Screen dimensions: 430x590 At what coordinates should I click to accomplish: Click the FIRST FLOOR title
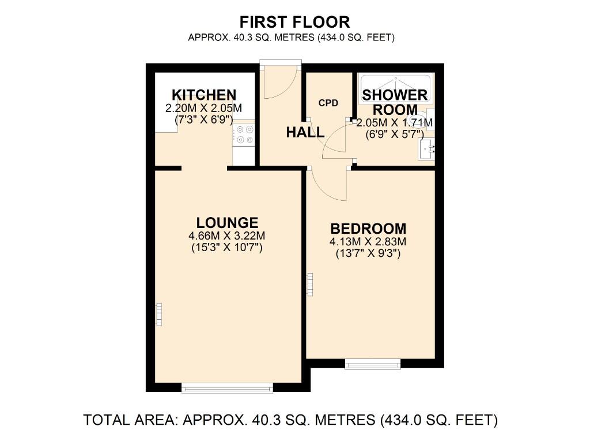294,22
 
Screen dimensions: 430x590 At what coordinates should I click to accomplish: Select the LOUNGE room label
227,223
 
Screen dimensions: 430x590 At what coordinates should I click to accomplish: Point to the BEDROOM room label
368,229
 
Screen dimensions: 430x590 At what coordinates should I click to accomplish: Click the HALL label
305,132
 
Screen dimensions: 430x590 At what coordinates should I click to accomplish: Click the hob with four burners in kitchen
244,134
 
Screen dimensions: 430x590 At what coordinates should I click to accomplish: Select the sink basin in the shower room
428,150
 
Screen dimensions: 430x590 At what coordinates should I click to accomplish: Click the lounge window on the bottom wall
227,388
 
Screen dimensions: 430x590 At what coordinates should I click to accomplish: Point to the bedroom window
372,364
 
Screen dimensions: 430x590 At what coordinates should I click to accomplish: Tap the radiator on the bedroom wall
309,285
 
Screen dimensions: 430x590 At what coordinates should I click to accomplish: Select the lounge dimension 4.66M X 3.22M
227,236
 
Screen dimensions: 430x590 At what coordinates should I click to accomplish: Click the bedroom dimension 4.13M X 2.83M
368,242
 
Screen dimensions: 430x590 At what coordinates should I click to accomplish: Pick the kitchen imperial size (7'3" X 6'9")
204,121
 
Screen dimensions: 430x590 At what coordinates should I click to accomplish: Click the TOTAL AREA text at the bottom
290,419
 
